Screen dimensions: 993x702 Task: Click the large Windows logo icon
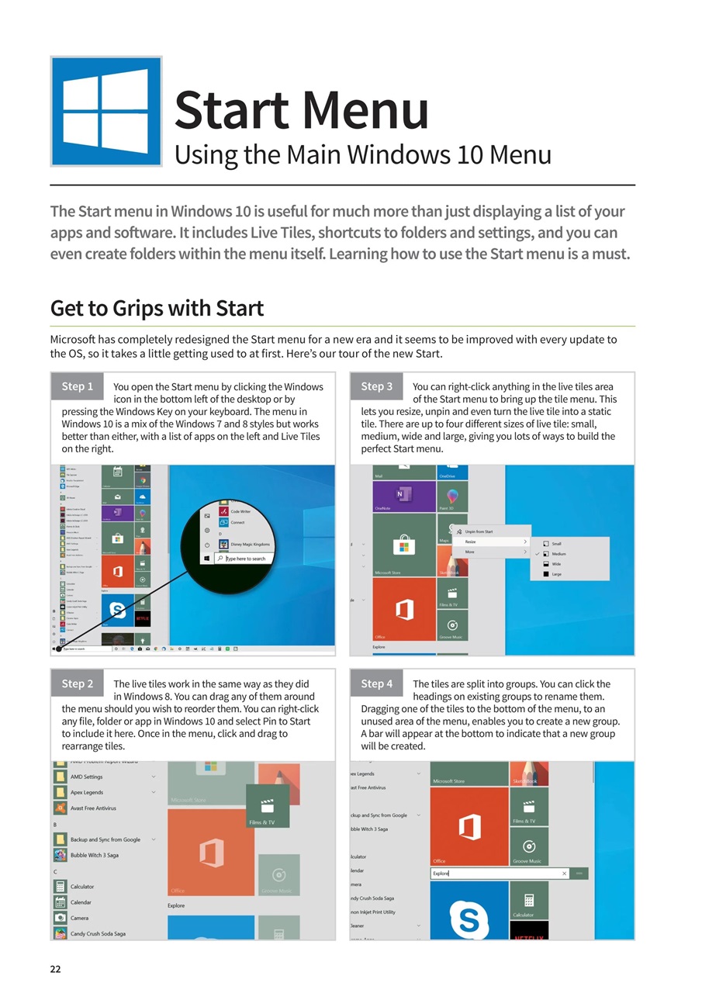[106, 111]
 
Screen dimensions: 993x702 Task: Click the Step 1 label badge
[78, 386]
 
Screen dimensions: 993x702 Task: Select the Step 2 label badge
[78, 683]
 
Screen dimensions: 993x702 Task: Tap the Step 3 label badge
[377, 386]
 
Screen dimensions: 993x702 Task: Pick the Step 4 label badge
[377, 683]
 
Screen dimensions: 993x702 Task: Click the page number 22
[56, 969]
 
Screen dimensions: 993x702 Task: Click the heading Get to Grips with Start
[157, 308]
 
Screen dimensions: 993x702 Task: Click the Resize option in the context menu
[472, 541]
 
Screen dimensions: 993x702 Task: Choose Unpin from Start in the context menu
[478, 531]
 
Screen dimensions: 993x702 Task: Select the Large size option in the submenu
[556, 574]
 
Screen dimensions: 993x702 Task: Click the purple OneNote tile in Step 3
[403, 496]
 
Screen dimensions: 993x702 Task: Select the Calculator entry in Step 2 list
[81, 887]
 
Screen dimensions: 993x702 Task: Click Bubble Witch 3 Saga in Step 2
[94, 855]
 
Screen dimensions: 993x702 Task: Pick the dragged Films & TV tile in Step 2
[267, 807]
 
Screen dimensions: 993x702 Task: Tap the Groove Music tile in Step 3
[452, 625]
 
